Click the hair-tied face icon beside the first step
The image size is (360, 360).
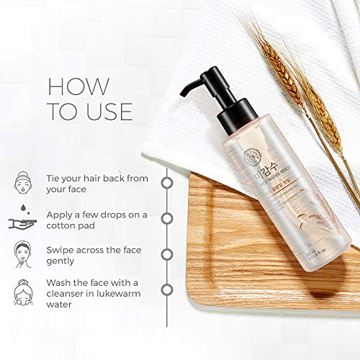tap(24, 181)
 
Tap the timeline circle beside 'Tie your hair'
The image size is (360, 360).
tap(167, 182)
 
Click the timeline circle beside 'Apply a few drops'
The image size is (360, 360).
tap(167, 217)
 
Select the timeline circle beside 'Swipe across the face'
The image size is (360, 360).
tap(167, 253)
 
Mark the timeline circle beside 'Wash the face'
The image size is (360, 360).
tap(167, 289)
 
